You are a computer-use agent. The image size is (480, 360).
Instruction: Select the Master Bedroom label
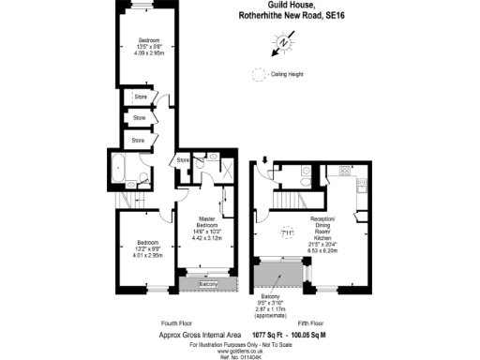207,222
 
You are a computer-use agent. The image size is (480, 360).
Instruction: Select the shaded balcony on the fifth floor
278,276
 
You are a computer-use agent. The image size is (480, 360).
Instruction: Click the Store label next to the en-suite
183,160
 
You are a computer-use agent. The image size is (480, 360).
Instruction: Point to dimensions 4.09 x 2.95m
150,52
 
